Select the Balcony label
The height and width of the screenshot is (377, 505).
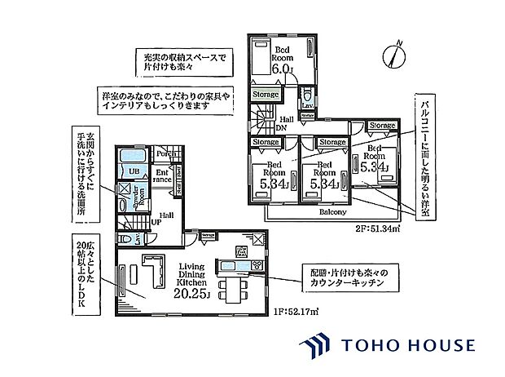[x=332, y=212]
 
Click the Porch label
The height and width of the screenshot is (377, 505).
[x=167, y=153]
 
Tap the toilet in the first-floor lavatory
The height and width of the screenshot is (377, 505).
[x=123, y=237]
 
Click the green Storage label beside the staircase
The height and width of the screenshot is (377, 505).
[x=265, y=95]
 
